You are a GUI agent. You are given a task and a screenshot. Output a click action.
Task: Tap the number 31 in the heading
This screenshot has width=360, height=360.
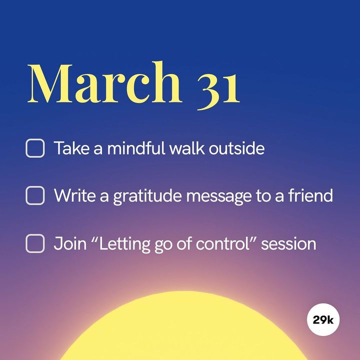pos(218,91)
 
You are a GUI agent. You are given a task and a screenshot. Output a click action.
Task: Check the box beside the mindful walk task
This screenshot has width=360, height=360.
pos(35,148)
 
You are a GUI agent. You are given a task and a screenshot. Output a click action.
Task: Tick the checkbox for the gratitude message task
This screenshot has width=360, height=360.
pos(35,195)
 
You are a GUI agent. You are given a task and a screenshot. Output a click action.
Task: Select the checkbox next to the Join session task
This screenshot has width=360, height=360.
pos(35,243)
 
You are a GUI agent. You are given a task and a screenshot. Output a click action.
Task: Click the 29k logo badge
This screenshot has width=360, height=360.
pos(323,319)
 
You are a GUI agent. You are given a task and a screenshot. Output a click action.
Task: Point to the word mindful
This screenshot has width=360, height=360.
pos(136,148)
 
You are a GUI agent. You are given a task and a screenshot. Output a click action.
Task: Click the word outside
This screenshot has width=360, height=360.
pos(236,148)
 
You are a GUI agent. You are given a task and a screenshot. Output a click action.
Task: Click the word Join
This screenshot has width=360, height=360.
pos(70,243)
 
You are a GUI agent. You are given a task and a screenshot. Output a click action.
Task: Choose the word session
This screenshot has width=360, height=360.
pos(288,244)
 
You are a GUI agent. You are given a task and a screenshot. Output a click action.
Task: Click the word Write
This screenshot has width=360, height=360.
pos(74,195)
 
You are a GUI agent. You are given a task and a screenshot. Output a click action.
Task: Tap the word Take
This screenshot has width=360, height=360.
pos(71,148)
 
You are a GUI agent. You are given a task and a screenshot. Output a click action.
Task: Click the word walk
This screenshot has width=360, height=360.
pos(187,148)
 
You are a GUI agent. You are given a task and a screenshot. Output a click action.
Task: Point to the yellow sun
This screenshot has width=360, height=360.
pos(183,330)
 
